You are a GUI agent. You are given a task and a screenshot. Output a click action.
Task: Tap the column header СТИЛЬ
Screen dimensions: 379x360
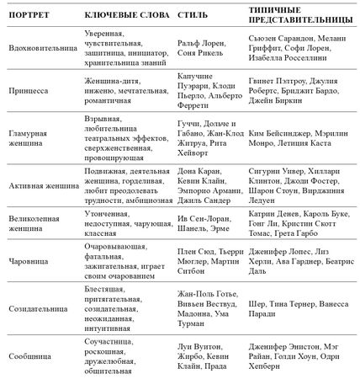click(x=193, y=16)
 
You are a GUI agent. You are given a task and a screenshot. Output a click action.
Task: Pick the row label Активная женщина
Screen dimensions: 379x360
click(x=40, y=184)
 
